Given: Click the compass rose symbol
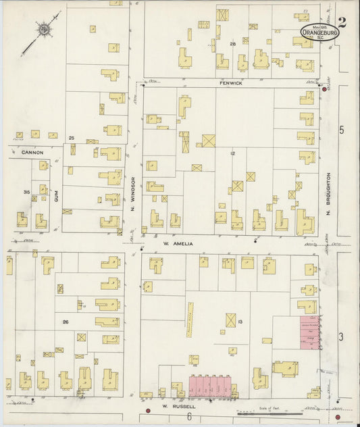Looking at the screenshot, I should click(44, 30).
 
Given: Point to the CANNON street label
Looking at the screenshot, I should click(32, 153).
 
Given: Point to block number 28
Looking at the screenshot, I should click(232, 44).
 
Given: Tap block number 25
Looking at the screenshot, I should click(71, 138).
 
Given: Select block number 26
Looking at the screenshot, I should click(65, 321).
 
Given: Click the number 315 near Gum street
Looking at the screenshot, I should click(26, 193).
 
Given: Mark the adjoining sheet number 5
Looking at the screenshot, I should click(342, 130).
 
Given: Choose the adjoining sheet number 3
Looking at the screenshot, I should click(342, 336).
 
